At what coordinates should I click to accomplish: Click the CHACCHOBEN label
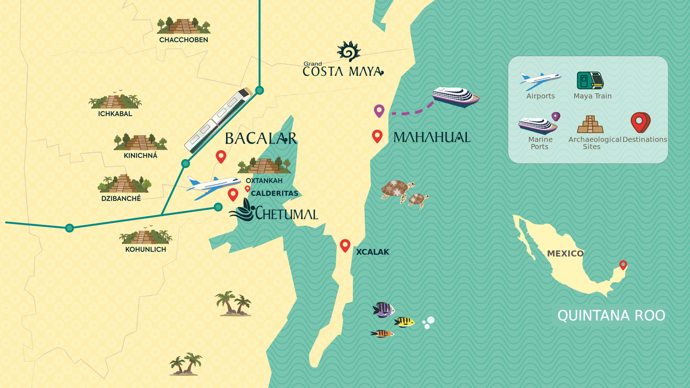click(x=183, y=40)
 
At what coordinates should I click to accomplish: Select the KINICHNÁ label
click(x=141, y=156)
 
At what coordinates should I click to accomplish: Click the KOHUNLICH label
click(x=146, y=249)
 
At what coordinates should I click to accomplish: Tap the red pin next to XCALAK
click(x=345, y=245)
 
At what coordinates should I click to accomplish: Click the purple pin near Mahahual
click(x=379, y=111)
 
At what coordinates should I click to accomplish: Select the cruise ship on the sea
click(x=455, y=97)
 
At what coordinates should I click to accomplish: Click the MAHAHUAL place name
click(x=432, y=137)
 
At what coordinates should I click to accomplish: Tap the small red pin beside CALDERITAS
click(x=248, y=189)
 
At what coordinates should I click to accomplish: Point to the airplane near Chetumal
click(x=213, y=187)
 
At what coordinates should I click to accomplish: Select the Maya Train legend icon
click(x=590, y=80)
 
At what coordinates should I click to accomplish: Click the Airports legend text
click(x=540, y=96)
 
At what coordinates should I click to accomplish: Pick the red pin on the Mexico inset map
click(x=623, y=265)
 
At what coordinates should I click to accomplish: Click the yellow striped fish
click(x=405, y=322)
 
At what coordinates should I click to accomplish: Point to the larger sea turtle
click(x=397, y=190)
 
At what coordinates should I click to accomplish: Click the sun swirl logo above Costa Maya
click(x=348, y=51)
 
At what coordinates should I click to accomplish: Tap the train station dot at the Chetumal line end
click(x=218, y=207)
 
